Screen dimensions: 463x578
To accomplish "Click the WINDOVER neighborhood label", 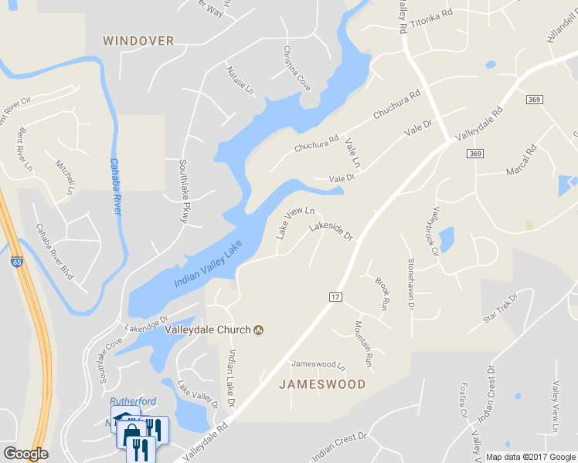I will click(138, 41).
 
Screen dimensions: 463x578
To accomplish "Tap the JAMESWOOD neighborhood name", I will click(321, 384).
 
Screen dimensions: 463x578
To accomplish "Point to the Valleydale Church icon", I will click(259, 330).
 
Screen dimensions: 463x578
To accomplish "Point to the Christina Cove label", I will click(297, 69).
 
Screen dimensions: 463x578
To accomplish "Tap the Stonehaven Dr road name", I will click(411, 284).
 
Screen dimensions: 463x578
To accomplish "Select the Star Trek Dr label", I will click(499, 307).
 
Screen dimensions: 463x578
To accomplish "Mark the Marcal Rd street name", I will click(520, 161).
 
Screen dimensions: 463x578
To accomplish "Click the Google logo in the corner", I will click(25, 454).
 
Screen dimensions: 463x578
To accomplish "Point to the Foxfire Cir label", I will click(464, 400).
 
